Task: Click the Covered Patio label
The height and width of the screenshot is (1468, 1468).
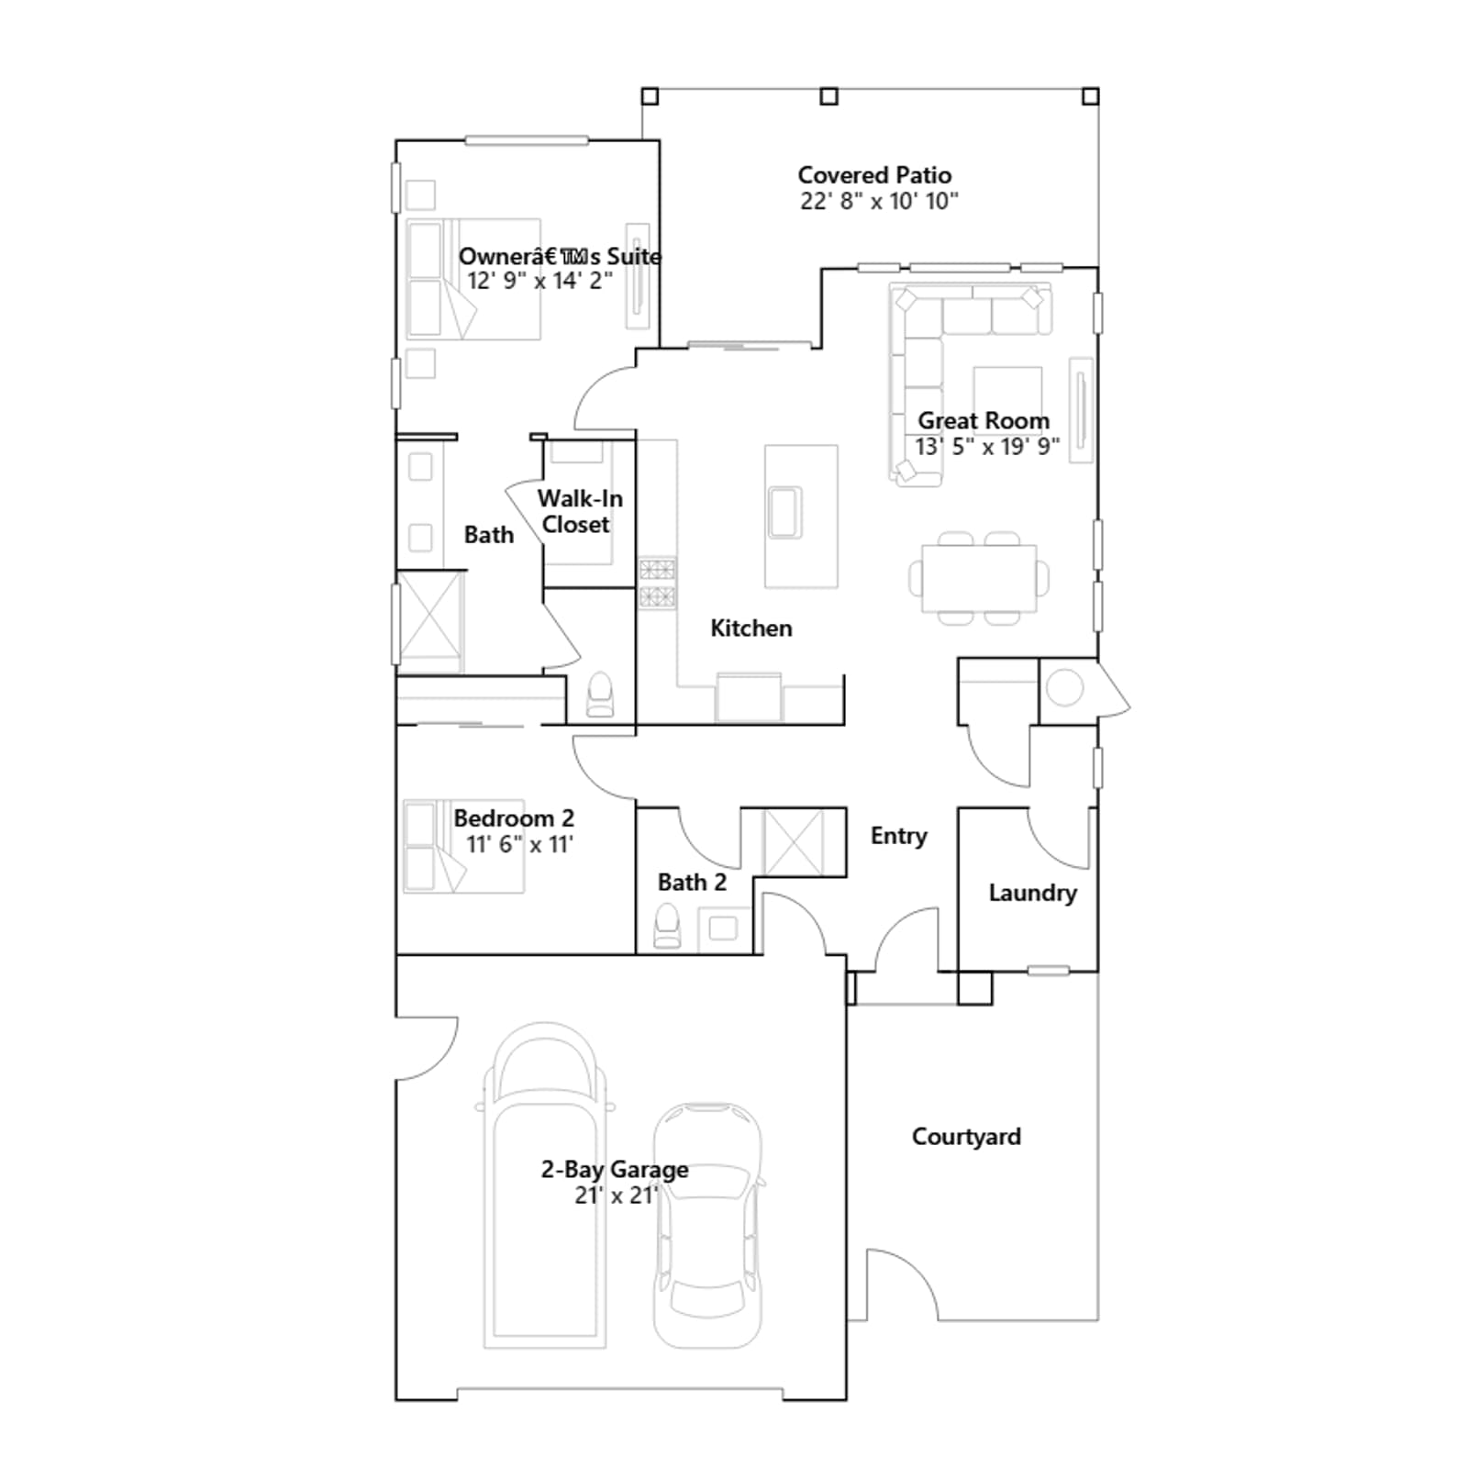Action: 874,175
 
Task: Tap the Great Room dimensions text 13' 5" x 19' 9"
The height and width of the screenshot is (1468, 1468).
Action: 987,447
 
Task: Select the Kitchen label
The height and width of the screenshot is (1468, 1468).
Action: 751,628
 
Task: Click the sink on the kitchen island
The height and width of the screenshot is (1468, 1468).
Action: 785,512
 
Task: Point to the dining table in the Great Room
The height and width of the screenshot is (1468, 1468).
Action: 979,578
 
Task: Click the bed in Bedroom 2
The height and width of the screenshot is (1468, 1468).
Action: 463,846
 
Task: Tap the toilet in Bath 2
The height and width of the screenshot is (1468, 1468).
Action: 667,926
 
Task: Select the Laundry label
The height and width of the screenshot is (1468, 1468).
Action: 1032,894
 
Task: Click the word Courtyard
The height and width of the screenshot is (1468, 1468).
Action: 966,1137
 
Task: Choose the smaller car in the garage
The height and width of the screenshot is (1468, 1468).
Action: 707,1226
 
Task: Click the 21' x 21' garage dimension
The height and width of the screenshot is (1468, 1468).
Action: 617,1196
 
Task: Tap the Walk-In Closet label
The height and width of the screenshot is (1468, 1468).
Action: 578,512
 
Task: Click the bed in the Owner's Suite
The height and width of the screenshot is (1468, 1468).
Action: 473,279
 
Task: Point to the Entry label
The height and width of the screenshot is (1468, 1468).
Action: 898,837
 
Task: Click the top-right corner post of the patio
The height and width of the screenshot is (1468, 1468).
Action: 1090,96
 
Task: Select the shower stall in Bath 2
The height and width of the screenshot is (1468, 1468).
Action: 794,842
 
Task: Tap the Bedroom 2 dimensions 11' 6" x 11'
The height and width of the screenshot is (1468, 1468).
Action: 520,844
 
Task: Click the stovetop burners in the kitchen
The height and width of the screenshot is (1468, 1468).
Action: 657,584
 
